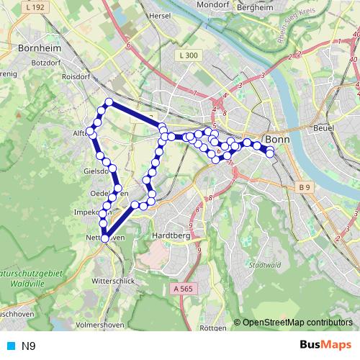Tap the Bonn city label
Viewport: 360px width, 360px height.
coord(277,139)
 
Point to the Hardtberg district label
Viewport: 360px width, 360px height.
coord(171,235)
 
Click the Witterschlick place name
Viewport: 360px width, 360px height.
coord(113,281)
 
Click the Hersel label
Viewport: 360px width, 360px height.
coord(158,14)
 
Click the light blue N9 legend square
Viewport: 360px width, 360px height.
coord(9,346)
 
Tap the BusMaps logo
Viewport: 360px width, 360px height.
coord(325,346)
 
